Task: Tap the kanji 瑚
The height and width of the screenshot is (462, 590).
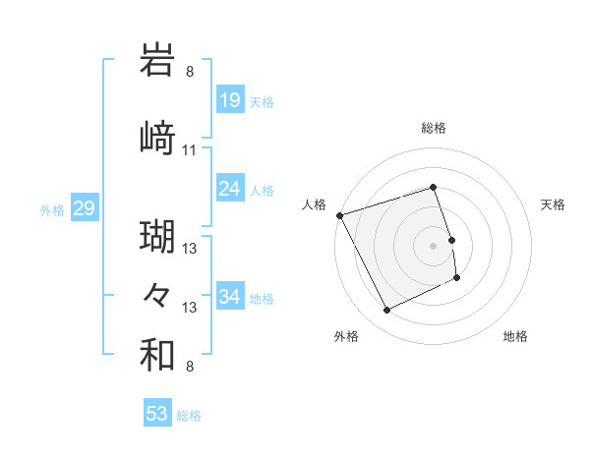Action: [158, 235]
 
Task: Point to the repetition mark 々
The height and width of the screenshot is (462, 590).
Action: [158, 294]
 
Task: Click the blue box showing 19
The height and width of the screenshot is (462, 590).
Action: [230, 99]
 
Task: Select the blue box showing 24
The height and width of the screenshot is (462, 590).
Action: [230, 188]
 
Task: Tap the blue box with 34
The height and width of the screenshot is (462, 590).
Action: [230, 296]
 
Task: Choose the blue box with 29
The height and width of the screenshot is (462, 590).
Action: [84, 208]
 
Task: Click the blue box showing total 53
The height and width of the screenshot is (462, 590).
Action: [157, 414]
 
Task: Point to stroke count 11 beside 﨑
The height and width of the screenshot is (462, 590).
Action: [190, 150]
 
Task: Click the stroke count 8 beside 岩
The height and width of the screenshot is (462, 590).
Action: [190, 72]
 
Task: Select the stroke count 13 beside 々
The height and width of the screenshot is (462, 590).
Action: [190, 308]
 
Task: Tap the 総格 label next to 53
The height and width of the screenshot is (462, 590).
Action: [190, 416]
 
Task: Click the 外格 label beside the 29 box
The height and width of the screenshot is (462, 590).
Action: [52, 209]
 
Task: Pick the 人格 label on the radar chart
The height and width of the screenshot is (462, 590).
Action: [315, 203]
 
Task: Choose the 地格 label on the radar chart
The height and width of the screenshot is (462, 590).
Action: [515, 336]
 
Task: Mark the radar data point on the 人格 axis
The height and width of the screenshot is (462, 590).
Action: [339, 215]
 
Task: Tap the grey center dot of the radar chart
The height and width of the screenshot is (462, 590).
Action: [434, 245]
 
